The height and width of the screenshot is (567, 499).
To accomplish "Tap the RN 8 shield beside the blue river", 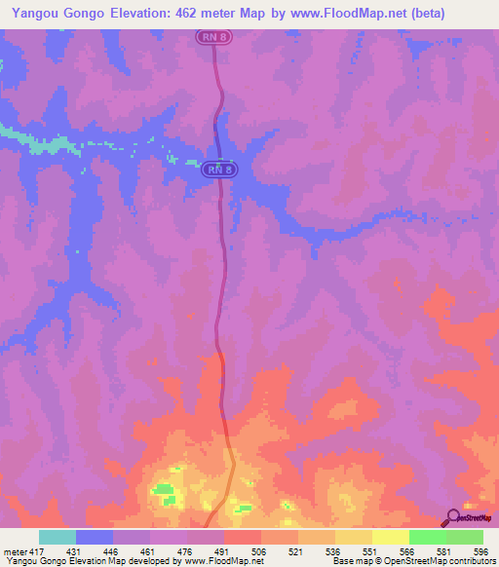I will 219,170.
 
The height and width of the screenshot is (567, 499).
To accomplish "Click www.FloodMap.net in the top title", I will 380,13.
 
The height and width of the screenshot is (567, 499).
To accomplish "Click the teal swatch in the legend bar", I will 58,537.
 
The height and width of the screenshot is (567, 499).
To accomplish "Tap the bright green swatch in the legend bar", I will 427,537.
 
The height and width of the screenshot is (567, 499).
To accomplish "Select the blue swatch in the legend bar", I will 95,537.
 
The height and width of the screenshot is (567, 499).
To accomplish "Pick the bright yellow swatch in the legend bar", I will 390,537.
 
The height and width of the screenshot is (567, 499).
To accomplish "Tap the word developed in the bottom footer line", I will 141,561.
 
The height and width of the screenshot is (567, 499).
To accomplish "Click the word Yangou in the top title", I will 31,13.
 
